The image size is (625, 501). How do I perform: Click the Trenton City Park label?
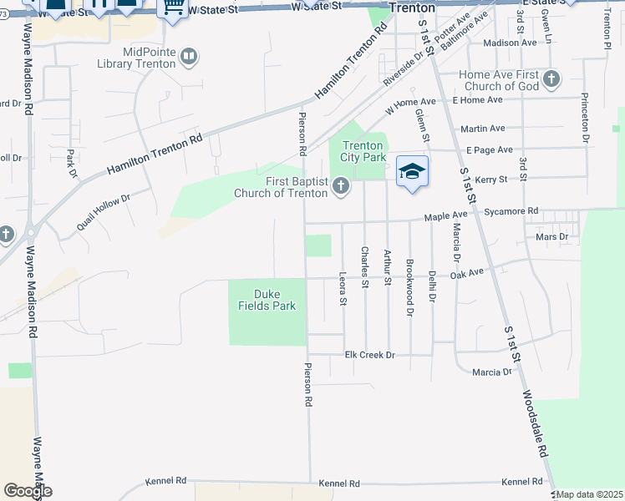tap(363, 151)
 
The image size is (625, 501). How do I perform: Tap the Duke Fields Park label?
tap(267, 300)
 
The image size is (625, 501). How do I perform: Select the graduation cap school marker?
tap(412, 172)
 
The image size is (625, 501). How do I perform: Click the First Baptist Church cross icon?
tap(340, 185)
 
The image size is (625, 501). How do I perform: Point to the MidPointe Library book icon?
tap(189, 57)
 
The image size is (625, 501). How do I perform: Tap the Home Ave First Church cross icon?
tap(551, 80)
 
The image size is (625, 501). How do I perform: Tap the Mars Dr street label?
tap(551, 237)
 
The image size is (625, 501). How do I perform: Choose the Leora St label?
tap(343, 288)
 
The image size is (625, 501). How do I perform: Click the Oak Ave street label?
tap(467, 273)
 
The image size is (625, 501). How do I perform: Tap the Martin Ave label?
tap(482, 129)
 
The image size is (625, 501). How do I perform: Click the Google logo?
tap(28, 491)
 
